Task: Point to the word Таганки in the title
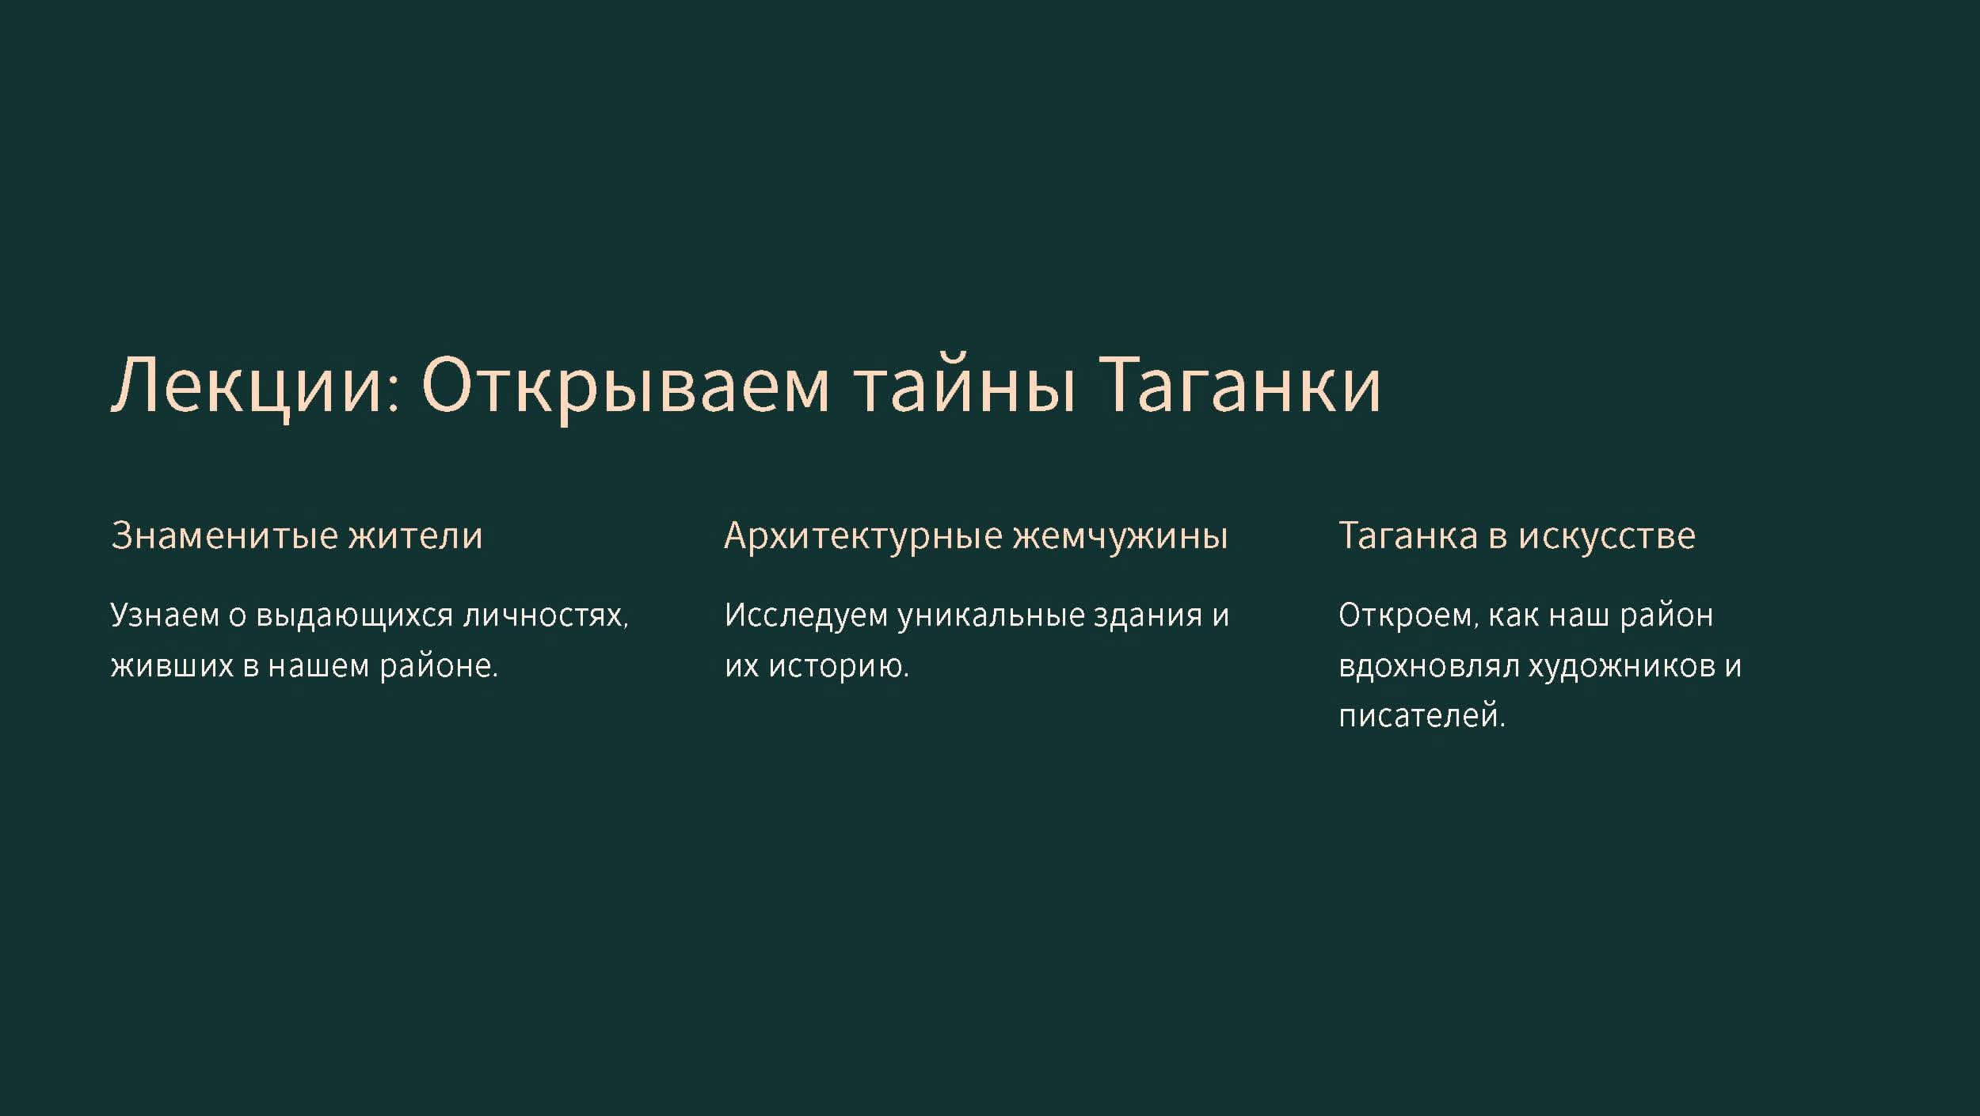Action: pos(1241,385)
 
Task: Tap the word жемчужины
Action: pos(1121,536)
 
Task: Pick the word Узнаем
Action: pos(164,615)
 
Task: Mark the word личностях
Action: pos(546,616)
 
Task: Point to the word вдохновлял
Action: pos(1428,667)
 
